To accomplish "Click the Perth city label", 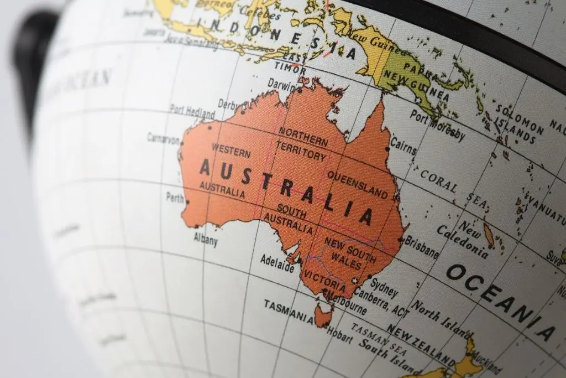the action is [x=175, y=196].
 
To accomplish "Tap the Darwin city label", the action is [x=281, y=84].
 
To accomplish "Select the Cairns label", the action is [x=403, y=145].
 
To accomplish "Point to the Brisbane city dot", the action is [x=400, y=240].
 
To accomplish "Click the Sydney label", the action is [x=384, y=286].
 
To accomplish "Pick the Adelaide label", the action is [x=277, y=263].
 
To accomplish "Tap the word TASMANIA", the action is [x=288, y=309].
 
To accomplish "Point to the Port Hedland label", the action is [x=192, y=111].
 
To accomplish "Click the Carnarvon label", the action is [x=163, y=138].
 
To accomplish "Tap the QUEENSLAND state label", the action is [x=358, y=184].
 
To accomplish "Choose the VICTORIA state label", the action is [x=325, y=281].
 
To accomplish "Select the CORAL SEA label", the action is [x=454, y=189].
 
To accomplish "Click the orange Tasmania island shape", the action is [x=322, y=315].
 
